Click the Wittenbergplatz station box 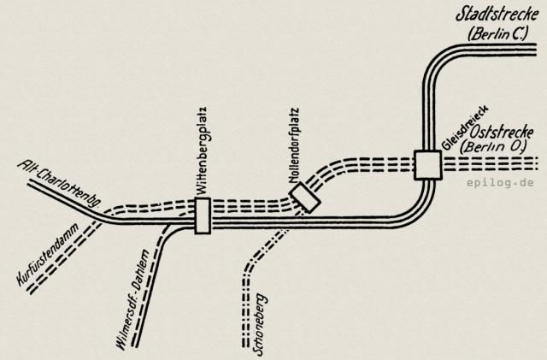point(203,215)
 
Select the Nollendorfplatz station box point(304,198)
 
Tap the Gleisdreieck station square point(427,165)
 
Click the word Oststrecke point(502,133)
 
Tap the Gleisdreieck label point(465,128)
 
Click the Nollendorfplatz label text point(294,145)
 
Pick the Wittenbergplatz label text point(202,150)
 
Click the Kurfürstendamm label point(48,254)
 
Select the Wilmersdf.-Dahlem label point(132,299)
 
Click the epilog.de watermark point(500,183)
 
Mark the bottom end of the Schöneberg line point(245,346)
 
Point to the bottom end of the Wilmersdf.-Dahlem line point(135,345)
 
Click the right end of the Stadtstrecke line point(536,50)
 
